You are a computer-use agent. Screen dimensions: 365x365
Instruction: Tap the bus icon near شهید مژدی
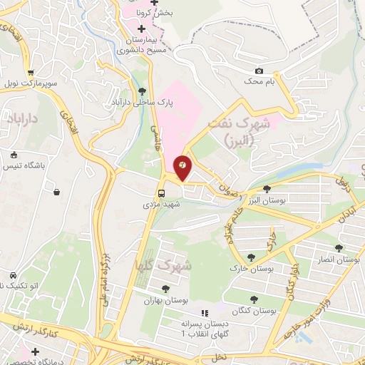point(162,192)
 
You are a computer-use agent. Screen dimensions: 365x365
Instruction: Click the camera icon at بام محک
point(259,71)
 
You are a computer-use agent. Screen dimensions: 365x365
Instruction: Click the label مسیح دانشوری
point(138,51)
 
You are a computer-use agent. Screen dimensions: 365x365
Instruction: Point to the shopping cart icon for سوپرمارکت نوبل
point(31,73)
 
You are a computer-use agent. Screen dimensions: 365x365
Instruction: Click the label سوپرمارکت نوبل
point(31,84)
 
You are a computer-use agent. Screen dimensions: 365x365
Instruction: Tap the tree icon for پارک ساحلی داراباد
point(142,91)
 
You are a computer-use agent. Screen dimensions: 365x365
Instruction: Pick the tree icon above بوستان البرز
point(267,190)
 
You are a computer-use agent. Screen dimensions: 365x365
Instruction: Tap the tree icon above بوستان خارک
point(250,257)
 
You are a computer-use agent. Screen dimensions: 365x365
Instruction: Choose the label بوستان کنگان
point(254,312)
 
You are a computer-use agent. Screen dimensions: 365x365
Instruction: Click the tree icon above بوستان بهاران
point(165,289)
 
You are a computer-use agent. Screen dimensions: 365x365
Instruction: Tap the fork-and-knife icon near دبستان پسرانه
point(205,312)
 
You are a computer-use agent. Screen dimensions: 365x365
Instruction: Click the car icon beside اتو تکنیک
point(13,275)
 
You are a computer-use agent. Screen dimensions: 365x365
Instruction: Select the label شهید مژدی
point(162,204)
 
